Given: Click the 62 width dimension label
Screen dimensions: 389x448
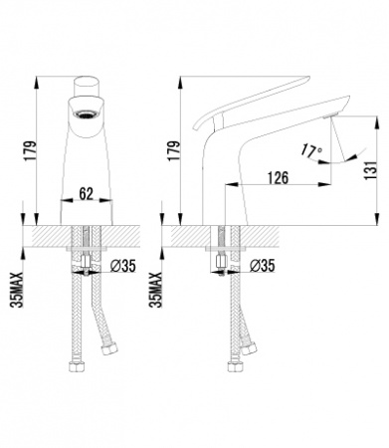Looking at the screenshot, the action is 87,193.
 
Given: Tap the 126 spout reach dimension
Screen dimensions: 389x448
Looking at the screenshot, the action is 278,178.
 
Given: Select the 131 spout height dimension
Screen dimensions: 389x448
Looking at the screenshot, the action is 370,170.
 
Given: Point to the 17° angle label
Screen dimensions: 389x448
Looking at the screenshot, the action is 311,150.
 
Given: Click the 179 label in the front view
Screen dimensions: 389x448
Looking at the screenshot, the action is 30,151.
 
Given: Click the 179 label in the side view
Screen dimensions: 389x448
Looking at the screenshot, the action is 174,151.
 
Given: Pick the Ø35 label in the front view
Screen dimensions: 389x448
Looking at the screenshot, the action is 122,266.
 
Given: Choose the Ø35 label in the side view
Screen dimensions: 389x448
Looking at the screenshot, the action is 262,266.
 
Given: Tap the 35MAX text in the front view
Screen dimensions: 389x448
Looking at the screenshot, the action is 17,290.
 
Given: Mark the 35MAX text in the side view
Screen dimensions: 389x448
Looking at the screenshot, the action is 155,290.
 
